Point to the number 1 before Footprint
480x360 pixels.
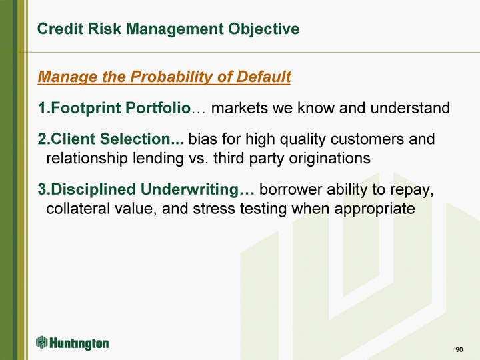pyautogui.click(x=42, y=108)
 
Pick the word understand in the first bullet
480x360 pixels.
pyautogui.click(x=410, y=108)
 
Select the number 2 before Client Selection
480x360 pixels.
pyautogui.click(x=42, y=139)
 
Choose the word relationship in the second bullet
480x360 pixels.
pyautogui.click(x=87, y=159)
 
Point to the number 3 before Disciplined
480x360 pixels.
pyautogui.click(x=42, y=189)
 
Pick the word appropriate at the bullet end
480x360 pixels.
pyautogui.click(x=375, y=209)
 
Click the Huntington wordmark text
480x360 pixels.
pyautogui.click(x=79, y=343)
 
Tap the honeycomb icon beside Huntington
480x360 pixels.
pyautogui.click(x=42, y=342)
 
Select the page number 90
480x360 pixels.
pyautogui.click(x=459, y=349)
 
